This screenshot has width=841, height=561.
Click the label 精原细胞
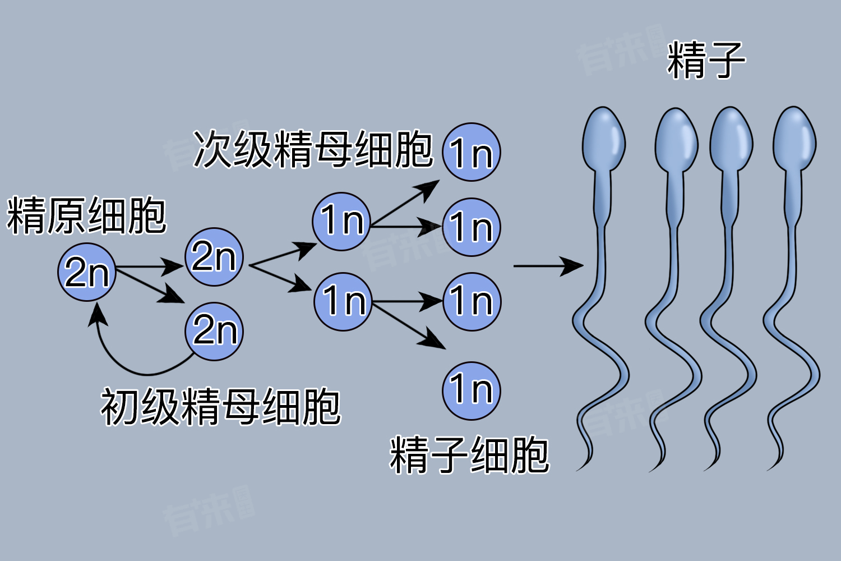86,215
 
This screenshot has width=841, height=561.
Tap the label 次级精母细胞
312,150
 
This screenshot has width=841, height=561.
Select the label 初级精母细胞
220,407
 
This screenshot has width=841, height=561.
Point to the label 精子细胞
469,455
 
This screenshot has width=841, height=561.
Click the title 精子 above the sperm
706,60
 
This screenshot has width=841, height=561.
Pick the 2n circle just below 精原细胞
87,272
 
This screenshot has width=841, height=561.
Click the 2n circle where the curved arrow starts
214,331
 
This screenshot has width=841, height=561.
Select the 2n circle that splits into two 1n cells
214,257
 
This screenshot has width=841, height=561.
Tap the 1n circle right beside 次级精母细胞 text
471,152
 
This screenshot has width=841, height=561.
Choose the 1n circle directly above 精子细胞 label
471,390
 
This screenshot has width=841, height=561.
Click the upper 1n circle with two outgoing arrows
341,221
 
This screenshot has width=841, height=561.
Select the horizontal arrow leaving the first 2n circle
149,266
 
